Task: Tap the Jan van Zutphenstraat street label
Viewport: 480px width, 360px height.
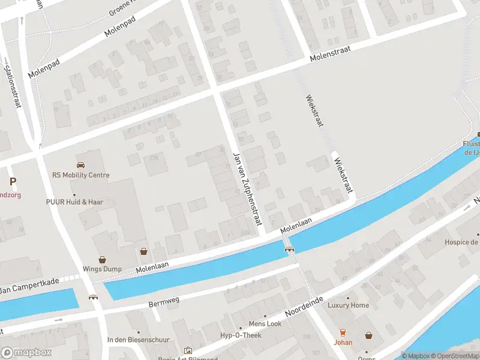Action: [247, 188]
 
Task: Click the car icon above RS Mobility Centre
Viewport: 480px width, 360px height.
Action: [80, 164]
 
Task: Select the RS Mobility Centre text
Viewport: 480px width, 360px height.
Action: [81, 175]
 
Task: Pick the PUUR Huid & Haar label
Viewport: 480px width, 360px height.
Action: [75, 202]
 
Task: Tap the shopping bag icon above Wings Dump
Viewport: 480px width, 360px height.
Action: [102, 260]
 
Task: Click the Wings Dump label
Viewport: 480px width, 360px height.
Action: [102, 270]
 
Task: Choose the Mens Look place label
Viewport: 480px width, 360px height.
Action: [265, 324]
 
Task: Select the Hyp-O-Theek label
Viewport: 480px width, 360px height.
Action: [241, 335]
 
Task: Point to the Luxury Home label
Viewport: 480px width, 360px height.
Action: [348, 305]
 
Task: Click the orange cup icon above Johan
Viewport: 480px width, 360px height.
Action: [343, 332]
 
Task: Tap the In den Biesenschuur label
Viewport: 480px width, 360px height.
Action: [137, 340]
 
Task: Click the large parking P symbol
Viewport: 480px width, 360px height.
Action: [13, 181]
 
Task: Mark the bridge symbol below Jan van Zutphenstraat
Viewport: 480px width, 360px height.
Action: [289, 250]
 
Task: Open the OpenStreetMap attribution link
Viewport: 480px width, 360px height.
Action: [454, 356]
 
